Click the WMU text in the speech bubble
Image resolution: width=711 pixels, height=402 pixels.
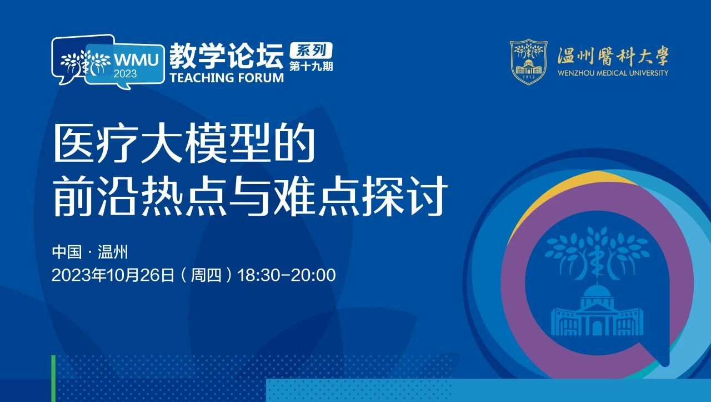click(137, 59)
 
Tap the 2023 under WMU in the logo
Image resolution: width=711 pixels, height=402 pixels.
click(126, 74)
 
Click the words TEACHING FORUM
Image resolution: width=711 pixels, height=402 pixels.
click(227, 78)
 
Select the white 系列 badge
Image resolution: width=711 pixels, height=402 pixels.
click(311, 50)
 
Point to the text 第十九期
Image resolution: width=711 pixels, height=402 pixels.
click(311, 66)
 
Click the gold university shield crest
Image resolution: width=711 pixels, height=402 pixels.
click(528, 62)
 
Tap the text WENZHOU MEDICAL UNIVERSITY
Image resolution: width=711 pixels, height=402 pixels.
click(613, 73)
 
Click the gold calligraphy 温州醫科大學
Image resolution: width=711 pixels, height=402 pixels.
click(613, 56)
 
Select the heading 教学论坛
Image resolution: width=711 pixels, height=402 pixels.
click(226, 56)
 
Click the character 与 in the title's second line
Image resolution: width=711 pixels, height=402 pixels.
click(251, 196)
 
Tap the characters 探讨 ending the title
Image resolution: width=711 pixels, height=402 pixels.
click(405, 196)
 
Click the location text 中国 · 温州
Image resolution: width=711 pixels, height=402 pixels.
click(90, 252)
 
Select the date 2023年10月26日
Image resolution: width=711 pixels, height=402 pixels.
click(113, 275)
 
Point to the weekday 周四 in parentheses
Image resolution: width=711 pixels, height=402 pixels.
click(206, 275)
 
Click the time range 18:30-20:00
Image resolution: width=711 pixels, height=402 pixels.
click(286, 275)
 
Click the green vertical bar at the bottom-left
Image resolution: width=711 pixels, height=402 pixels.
click(53, 379)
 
